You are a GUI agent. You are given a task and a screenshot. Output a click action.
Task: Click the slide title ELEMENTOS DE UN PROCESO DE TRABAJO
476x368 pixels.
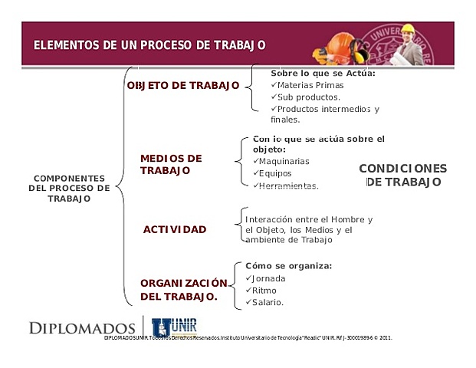point(149,44)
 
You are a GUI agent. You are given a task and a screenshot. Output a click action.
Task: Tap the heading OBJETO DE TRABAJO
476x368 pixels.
point(183,85)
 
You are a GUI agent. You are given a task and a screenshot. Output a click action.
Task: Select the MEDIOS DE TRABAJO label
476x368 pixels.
point(171,164)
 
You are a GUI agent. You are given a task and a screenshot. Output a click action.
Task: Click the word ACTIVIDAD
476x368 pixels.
point(175,229)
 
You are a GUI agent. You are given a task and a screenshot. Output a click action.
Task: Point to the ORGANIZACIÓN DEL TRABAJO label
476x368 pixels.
point(184,288)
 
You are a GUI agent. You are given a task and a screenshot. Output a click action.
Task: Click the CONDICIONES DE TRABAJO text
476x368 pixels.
point(402,175)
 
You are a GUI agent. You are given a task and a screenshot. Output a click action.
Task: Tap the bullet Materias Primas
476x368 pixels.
point(304,85)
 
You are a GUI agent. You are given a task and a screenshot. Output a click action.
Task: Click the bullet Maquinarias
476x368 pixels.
point(284,162)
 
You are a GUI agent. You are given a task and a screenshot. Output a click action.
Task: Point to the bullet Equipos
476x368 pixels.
point(276,173)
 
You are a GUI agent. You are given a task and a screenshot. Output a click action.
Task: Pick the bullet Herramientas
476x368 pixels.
point(288,186)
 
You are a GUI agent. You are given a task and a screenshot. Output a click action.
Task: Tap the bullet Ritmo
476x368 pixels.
point(264,291)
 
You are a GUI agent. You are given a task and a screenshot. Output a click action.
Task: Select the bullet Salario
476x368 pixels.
point(268,302)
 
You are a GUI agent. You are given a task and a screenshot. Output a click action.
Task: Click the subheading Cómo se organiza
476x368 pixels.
point(288,265)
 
